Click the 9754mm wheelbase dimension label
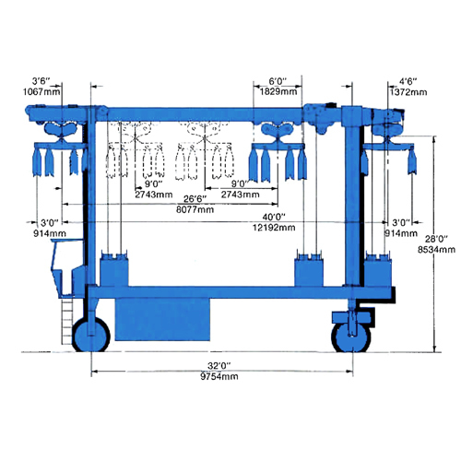click(219, 376)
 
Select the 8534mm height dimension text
click(436, 249)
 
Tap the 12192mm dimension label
click(274, 228)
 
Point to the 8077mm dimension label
click(195, 209)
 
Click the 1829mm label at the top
click(278, 91)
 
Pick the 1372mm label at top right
click(408, 92)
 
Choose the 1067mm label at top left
click(41, 91)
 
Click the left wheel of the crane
click(91, 335)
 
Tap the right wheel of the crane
click(351, 337)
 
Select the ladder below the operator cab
click(67, 321)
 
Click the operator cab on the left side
click(67, 267)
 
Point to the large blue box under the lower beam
click(162, 320)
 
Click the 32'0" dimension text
click(219, 366)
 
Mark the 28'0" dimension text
click(436, 239)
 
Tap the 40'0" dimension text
click(274, 217)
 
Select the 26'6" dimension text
click(195, 199)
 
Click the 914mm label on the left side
click(50, 233)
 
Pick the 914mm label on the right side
click(401, 233)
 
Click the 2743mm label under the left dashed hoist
click(154, 195)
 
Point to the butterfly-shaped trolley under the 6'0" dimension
click(277, 130)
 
